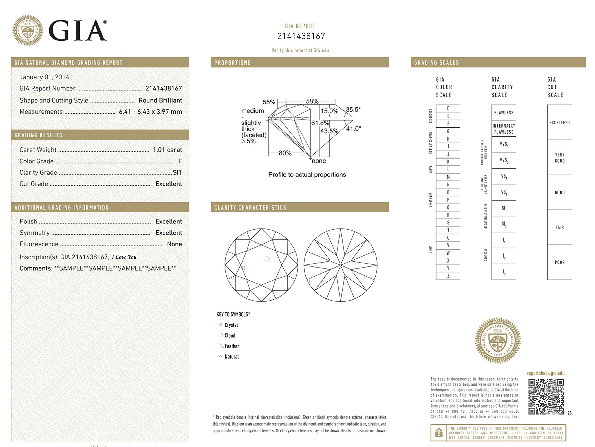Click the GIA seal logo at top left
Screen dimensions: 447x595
pyautogui.click(x=28, y=30)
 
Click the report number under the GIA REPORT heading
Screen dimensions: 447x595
pyautogui.click(x=301, y=36)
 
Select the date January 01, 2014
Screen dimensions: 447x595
pyautogui.click(x=44, y=77)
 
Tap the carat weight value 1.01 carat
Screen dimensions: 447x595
pyautogui.click(x=167, y=150)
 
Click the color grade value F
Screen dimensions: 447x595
pyautogui.click(x=180, y=161)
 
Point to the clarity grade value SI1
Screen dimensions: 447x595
pyautogui.click(x=177, y=173)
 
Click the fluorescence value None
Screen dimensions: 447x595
pyautogui.click(x=174, y=244)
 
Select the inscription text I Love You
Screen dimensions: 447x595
pyautogui.click(x=124, y=257)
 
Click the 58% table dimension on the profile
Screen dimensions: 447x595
pyautogui.click(x=312, y=101)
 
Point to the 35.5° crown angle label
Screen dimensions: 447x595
pyautogui.click(x=353, y=110)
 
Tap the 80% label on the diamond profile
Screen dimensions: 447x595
pyautogui.click(x=285, y=153)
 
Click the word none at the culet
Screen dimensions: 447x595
pyautogui.click(x=319, y=161)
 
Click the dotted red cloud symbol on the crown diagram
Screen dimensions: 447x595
pyautogui.click(x=267, y=259)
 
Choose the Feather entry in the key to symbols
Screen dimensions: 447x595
pyautogui.click(x=232, y=346)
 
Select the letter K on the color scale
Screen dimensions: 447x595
pyautogui.click(x=448, y=162)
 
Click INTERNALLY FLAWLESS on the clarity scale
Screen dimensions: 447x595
pyautogui.click(x=504, y=129)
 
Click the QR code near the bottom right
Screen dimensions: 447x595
pyautogui.click(x=546, y=397)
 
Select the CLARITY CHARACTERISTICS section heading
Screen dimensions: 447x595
pyautogui.click(x=250, y=208)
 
